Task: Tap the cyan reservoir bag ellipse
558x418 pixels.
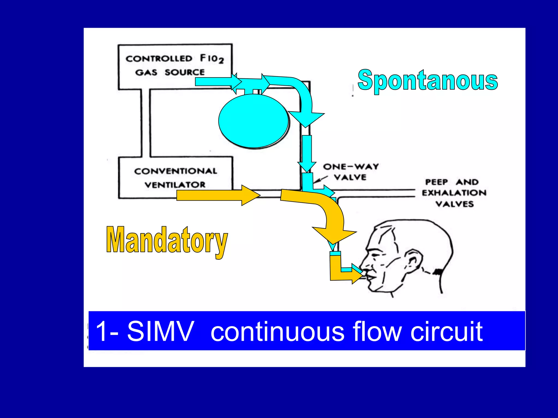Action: tap(253, 121)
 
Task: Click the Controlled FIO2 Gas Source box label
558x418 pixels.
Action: tap(174, 65)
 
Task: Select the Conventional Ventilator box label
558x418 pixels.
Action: tap(175, 178)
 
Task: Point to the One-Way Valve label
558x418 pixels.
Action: tap(351, 172)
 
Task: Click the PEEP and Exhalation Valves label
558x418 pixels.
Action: tap(454, 193)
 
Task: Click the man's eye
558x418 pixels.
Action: tap(376, 256)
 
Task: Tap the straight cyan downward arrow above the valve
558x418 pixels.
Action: tap(307, 154)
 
